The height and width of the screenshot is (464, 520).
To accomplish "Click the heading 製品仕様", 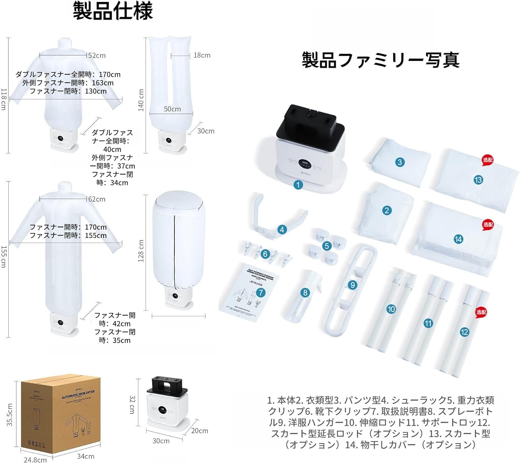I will click(113, 11).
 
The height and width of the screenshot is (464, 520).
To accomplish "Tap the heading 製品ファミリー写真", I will click(380, 60).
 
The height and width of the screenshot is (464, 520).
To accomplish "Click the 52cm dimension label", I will click(97, 55).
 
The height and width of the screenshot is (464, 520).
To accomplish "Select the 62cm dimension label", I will click(97, 199).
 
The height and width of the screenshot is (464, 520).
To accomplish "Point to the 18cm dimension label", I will click(202, 55).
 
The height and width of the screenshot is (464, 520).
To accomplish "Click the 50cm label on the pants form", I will click(172, 109).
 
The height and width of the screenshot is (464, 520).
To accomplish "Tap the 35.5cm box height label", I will click(10, 415).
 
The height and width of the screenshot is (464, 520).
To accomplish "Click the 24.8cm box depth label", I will click(35, 460).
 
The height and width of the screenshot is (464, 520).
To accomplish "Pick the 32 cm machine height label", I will click(132, 404).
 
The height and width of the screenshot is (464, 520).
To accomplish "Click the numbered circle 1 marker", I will click(298, 185).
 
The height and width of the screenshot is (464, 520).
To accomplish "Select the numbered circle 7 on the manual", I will click(261, 293).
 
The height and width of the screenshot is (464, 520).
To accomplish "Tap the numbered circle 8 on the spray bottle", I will click(305, 293).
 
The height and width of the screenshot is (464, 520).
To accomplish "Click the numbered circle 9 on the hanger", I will click(353, 285).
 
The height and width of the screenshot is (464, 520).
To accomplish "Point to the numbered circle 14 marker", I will click(458, 239).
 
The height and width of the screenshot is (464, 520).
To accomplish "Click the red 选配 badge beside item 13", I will click(487, 160).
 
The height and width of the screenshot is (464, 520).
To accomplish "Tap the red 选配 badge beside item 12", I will click(481, 312).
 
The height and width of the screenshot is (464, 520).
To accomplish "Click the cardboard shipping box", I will click(61, 416).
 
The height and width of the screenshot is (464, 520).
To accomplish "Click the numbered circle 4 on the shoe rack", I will click(282, 229).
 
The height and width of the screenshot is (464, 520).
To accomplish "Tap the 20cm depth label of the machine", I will click(200, 431).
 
